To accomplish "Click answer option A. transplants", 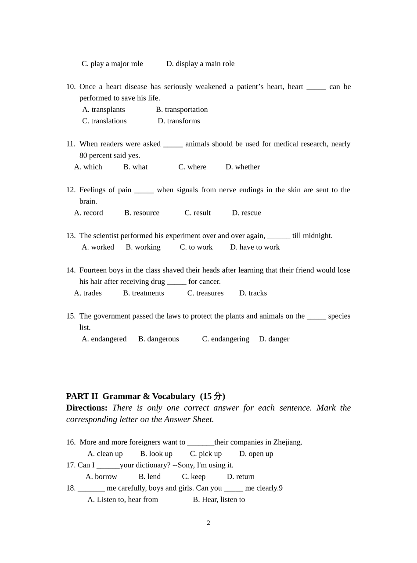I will coord(104,110).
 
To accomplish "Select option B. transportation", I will coord(182,110).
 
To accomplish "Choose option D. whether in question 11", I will coord(243,167).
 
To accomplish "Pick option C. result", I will coord(198,213).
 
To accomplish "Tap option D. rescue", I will coord(246,213).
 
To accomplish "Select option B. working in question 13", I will coord(143,247).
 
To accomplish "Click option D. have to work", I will coord(255,247).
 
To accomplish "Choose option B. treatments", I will coord(144,293).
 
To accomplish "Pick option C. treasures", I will coord(205,293).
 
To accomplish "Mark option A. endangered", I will coord(104,339).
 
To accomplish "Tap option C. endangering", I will coord(226,339).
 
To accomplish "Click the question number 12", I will coord(71,190).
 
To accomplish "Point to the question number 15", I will coord(71,316).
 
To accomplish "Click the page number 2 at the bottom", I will coord(208,523).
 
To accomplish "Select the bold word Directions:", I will coord(86,408).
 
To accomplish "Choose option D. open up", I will coord(256,454).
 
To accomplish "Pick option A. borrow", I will coord(101,477).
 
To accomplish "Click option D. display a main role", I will coord(200,64).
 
